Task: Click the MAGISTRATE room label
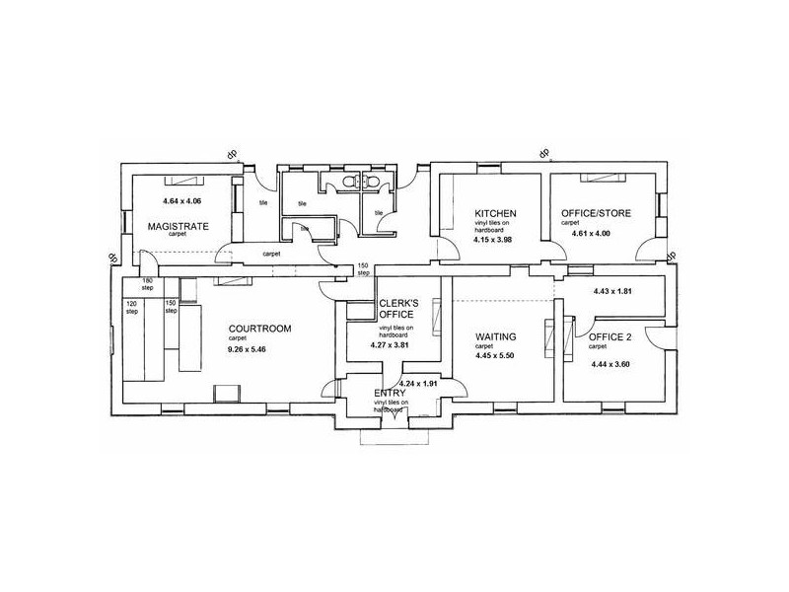179,226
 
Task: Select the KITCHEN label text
495,213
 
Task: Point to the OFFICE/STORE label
595,213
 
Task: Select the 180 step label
148,285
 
